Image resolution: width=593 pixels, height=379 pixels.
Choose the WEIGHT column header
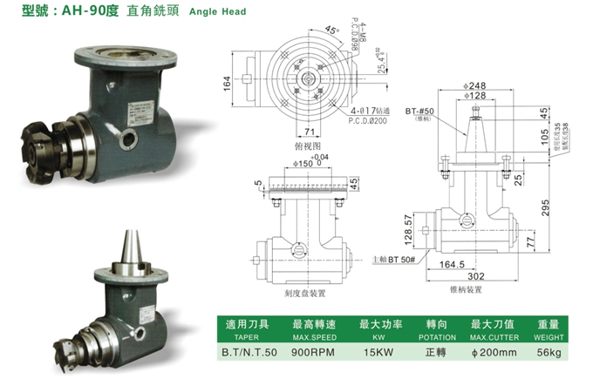(548, 335)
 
